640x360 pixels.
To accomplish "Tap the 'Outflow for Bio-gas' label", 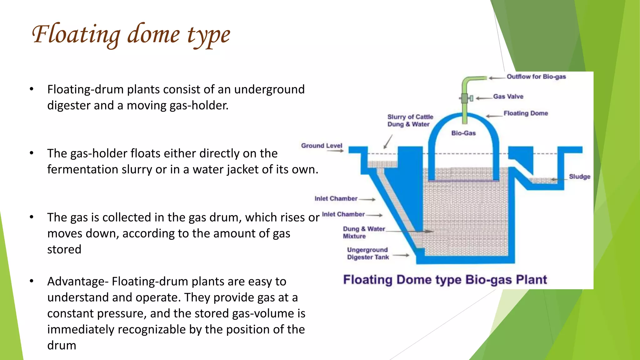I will point(536,77).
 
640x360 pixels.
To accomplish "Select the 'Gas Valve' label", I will point(508,97).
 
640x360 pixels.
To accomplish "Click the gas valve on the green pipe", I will point(465,98).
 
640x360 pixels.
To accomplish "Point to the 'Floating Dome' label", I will point(526,113).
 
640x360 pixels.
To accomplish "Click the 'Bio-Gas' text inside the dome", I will point(463,133).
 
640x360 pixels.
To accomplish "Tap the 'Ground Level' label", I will point(322,146).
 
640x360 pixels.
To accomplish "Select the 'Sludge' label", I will point(579,177).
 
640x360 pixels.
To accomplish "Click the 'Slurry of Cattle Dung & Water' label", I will point(410,121).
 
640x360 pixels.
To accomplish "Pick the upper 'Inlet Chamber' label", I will point(336,198).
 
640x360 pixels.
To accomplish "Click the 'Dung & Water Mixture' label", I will point(364,232).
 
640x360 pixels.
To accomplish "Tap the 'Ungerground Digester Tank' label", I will point(368,253).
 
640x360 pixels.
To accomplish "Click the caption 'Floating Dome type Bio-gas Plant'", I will point(445,280).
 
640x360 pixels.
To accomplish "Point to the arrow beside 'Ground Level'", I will point(335,151).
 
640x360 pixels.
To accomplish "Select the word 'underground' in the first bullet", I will point(269,89).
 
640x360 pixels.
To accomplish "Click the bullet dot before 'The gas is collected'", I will point(32,217).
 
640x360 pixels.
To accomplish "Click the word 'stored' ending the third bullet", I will point(64,249).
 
